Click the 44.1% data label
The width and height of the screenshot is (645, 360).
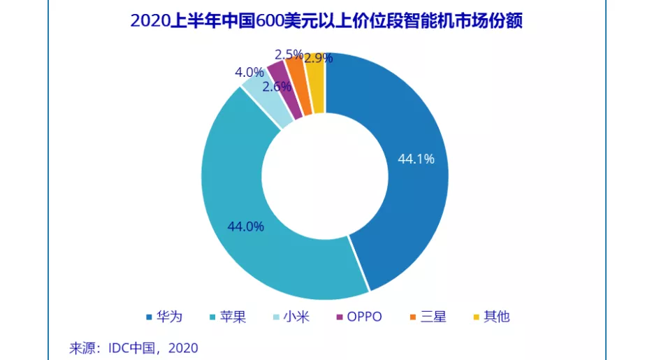tap(416, 159)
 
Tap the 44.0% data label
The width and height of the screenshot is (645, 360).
tap(245, 226)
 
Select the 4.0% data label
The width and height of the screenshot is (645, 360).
tap(249, 73)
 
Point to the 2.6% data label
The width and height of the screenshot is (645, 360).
tap(276, 87)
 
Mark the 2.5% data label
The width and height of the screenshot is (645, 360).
tap(289, 54)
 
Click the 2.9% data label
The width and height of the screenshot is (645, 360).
tap(318, 58)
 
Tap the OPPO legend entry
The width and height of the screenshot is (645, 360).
tap(359, 317)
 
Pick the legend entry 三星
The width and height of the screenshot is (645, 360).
tap(426, 317)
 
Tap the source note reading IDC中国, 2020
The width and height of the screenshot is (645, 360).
tap(133, 347)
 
